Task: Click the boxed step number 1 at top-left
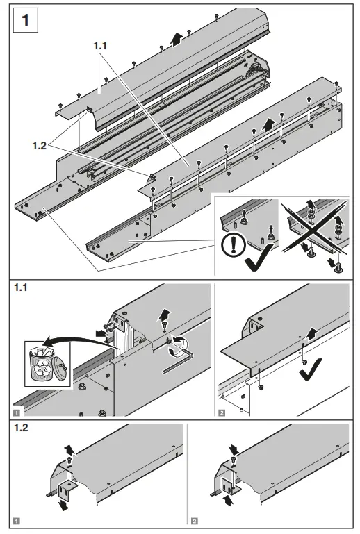pyautogui.click(x=26, y=20)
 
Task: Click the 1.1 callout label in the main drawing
pyautogui.click(x=101, y=45)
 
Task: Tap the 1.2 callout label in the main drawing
pyautogui.click(x=40, y=146)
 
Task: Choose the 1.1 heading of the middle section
pyautogui.click(x=23, y=288)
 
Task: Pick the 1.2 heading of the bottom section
pyautogui.click(x=23, y=427)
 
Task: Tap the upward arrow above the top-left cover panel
pyautogui.click(x=177, y=38)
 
